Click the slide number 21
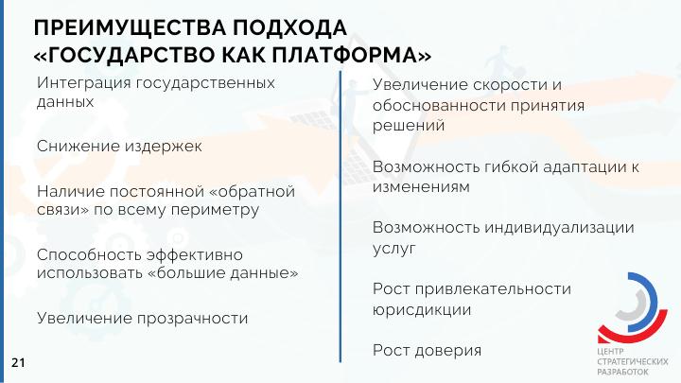[x=18, y=362]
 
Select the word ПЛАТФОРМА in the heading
[x=345, y=55]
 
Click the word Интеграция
[x=84, y=83]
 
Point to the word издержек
[x=164, y=147]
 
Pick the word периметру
[x=215, y=210]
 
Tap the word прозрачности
[x=193, y=320]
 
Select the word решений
[x=409, y=126]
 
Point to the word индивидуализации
[x=559, y=229]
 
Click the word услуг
[x=393, y=250]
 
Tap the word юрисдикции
[x=422, y=310]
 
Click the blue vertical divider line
[x=340, y=217]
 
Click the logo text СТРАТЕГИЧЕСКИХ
[x=633, y=361]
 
